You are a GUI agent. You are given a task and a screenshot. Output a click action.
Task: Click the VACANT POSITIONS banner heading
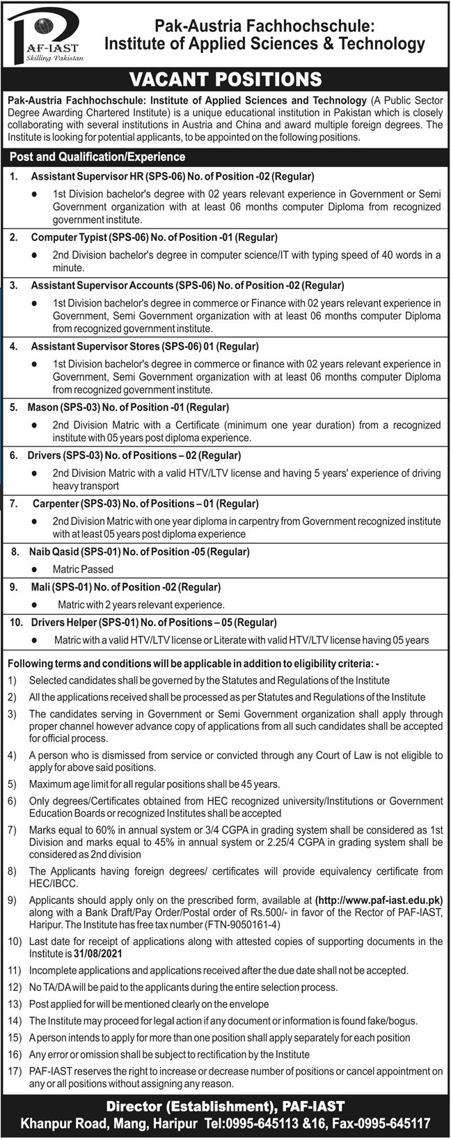(225, 79)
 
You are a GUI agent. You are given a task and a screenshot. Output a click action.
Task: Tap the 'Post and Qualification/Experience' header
(97, 157)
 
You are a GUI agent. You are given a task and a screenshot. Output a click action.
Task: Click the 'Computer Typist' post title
(65, 237)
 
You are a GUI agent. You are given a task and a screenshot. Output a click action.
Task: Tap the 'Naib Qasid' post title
(54, 552)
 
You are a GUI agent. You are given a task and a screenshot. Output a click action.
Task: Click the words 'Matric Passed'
(83, 569)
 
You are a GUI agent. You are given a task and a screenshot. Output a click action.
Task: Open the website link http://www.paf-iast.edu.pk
(379, 899)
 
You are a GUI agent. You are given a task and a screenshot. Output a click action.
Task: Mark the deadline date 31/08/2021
(97, 953)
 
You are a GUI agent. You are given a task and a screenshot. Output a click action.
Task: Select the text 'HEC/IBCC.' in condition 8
(52, 882)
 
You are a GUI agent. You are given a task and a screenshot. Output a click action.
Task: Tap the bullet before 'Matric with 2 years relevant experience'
(33, 604)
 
